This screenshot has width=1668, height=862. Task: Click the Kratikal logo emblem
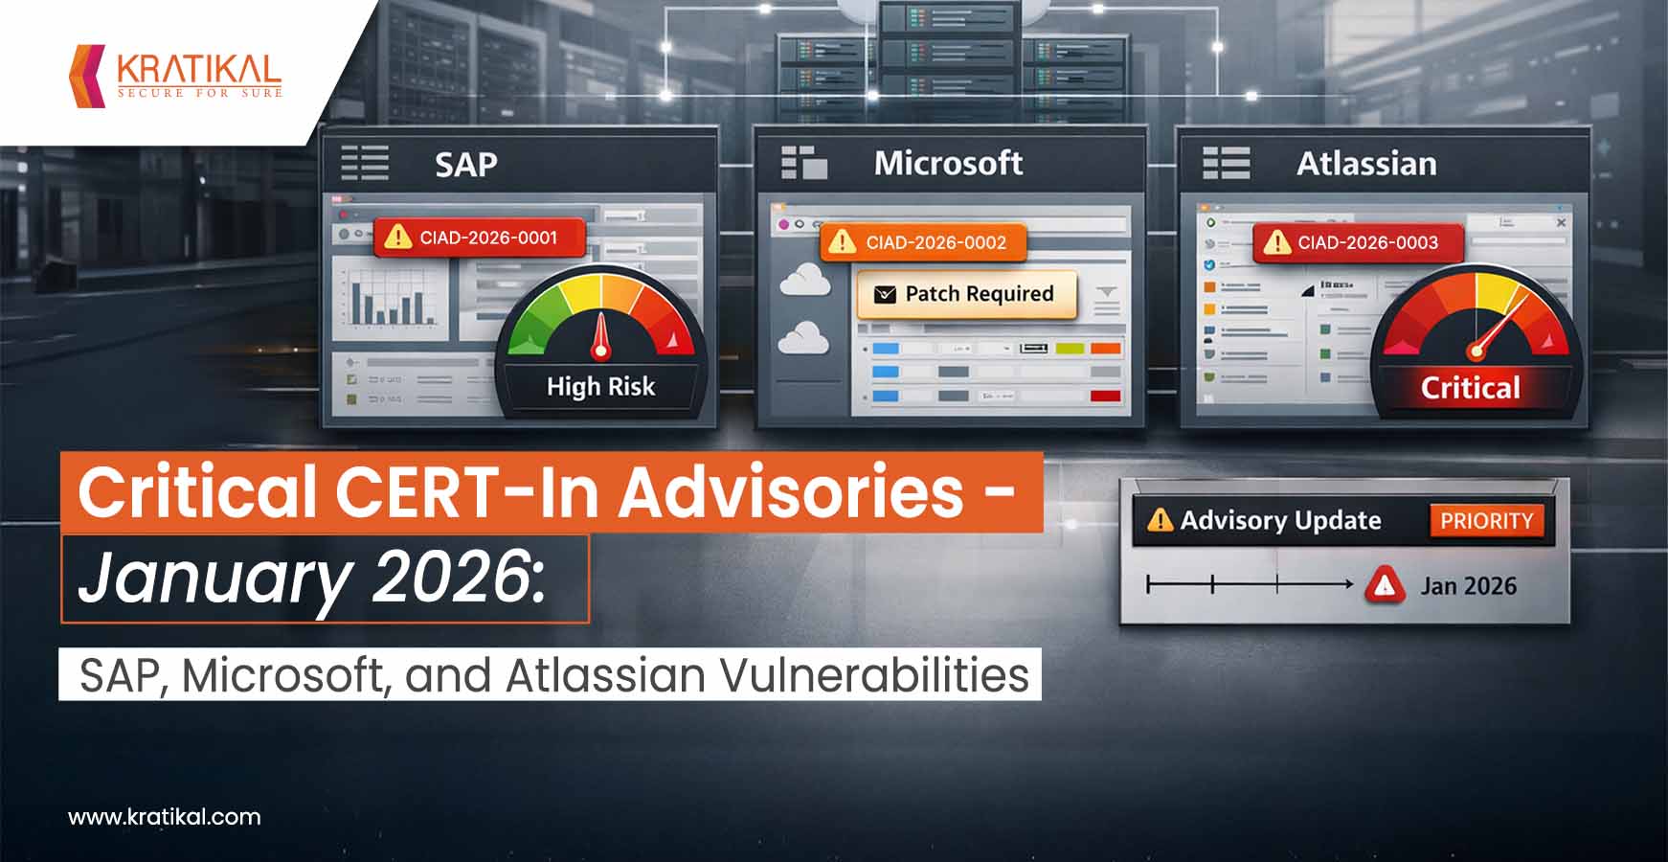[x=87, y=75]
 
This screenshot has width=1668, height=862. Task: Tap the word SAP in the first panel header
[x=466, y=165]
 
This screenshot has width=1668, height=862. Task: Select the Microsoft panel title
[x=948, y=164]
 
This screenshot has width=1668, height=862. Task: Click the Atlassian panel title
[x=1366, y=164]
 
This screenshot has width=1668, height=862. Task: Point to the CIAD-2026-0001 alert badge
[x=479, y=238]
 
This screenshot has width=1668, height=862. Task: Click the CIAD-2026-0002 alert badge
[x=923, y=242]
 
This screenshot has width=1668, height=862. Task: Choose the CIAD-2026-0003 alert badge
[x=1358, y=242]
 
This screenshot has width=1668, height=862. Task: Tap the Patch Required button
[x=967, y=294]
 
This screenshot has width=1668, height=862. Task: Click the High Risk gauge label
[x=600, y=387]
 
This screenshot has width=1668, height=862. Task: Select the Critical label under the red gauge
[x=1470, y=388]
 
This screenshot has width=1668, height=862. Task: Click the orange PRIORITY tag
[x=1486, y=521]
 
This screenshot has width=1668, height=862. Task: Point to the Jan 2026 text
[x=1468, y=586]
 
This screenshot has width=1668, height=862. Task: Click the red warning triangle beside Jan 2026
[x=1385, y=585]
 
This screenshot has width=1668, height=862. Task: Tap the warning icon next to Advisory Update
[x=1160, y=520]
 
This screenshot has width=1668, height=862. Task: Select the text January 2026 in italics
[x=312, y=578]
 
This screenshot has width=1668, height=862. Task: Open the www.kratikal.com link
[x=164, y=817]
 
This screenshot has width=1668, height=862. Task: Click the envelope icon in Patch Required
[x=886, y=294]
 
